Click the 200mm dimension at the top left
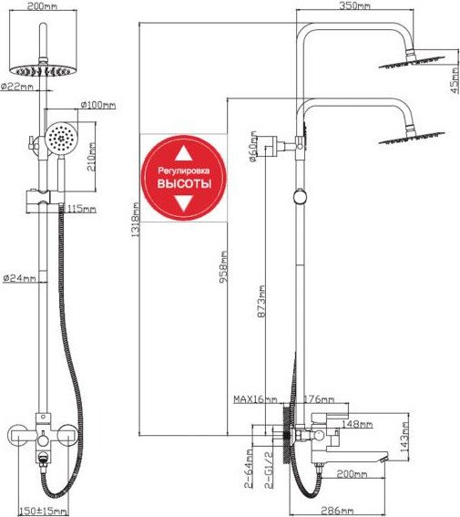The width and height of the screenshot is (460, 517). click(x=41, y=6)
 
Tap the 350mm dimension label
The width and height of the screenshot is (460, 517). click(x=354, y=6)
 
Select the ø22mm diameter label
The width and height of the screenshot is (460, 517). click(x=17, y=87)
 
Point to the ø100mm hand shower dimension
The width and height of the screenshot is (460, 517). click(x=98, y=105)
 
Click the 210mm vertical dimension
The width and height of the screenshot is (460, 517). click(x=91, y=157)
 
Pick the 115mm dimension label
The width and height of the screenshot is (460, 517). click(x=82, y=209)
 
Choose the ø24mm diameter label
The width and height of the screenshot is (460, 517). click(x=19, y=278)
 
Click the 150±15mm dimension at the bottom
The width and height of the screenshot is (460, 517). click(x=43, y=512)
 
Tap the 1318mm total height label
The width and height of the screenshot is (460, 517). click(x=136, y=220)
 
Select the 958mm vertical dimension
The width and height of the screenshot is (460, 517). click(x=223, y=267)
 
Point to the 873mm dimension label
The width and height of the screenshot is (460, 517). click(x=261, y=302)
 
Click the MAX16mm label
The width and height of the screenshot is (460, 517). click(x=255, y=399)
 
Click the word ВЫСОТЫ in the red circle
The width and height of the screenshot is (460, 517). click(x=184, y=183)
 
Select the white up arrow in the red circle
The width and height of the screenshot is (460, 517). click(x=184, y=153)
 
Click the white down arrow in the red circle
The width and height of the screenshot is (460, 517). click(x=184, y=203)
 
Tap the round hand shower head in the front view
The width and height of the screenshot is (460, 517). click(x=60, y=137)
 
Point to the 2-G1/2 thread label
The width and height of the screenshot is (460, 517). click(x=270, y=470)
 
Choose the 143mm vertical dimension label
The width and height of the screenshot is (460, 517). click(x=404, y=435)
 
